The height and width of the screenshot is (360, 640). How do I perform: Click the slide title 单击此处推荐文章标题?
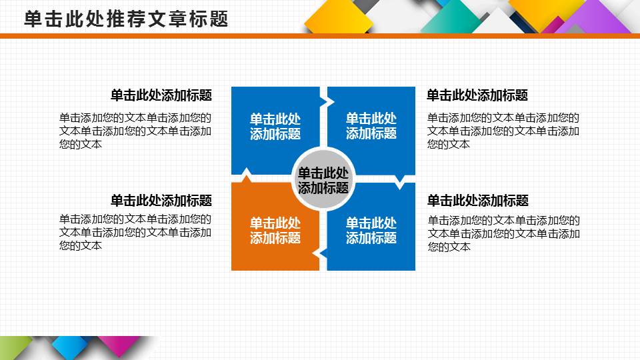(126, 19)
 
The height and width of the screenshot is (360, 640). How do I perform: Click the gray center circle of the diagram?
(323, 179)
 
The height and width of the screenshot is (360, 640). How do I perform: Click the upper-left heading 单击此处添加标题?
(161, 95)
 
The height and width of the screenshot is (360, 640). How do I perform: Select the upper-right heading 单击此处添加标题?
(477, 95)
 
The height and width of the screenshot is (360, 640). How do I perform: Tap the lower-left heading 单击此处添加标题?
(161, 200)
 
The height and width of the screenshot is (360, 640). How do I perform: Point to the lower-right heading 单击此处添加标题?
(478, 200)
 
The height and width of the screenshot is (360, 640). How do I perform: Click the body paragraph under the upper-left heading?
(135, 131)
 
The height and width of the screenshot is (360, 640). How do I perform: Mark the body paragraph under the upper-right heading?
(503, 131)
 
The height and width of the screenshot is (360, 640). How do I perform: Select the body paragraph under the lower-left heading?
(135, 233)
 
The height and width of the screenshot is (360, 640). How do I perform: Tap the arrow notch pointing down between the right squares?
(401, 181)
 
